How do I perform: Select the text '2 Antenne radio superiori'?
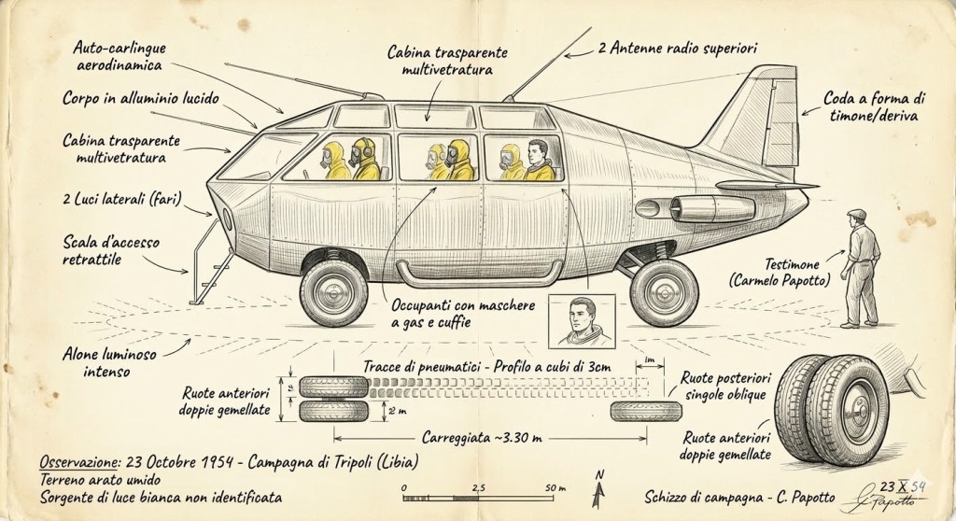click(x=678, y=46)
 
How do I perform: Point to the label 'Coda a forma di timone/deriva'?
click(x=874, y=106)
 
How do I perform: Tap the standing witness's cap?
click(x=856, y=215)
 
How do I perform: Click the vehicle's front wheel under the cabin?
click(x=333, y=291)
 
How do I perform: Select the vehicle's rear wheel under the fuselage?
click(x=664, y=291)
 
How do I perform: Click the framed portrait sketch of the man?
click(x=581, y=321)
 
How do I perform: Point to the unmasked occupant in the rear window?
click(x=538, y=160)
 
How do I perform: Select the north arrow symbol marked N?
click(x=598, y=483)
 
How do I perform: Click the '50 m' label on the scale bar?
click(x=555, y=487)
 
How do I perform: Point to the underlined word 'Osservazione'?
click(x=81, y=462)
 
